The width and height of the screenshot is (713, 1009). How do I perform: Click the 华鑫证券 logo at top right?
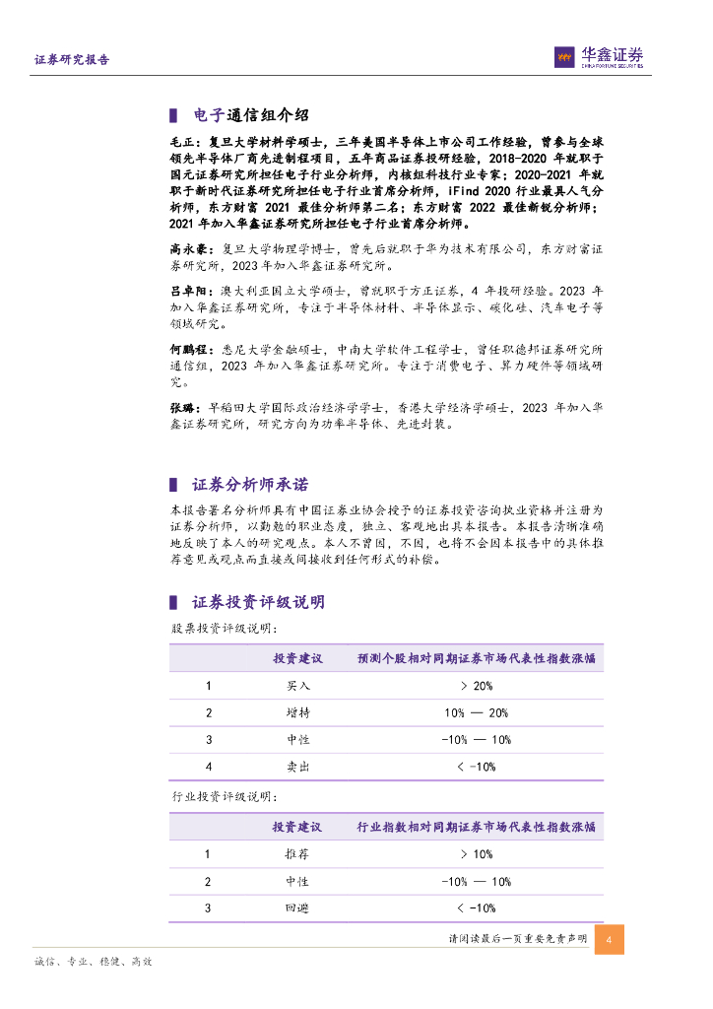599,57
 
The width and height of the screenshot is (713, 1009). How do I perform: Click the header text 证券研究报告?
72,60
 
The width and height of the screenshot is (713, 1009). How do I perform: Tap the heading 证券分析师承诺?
250,485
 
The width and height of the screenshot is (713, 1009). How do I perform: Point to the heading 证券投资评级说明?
258,601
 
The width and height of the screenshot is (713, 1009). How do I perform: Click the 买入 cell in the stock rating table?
297,686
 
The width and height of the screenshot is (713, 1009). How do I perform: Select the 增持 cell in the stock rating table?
297,712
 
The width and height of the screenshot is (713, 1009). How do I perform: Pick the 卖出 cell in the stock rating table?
297,766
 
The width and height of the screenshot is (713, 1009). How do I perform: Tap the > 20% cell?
476,686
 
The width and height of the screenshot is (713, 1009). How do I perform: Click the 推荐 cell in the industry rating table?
297,855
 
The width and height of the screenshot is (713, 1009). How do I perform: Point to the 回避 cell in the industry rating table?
297,908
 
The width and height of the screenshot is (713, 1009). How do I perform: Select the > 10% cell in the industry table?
476,855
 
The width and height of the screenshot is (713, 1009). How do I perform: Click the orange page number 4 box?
610,939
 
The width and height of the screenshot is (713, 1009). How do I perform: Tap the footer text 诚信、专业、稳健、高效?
94,961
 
